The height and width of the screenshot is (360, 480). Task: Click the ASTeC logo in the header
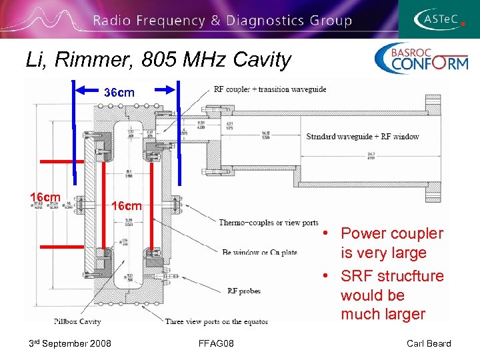439,19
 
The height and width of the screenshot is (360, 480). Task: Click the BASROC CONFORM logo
421,59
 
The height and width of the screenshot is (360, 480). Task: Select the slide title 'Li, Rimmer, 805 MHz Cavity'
159,60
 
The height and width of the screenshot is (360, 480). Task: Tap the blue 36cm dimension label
119,93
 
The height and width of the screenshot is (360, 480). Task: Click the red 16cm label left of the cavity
45,197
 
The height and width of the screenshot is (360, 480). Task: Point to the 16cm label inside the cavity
126,206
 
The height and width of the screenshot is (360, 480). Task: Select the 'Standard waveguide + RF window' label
363,137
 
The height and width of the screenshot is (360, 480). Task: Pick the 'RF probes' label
243,290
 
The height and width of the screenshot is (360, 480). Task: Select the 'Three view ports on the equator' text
217,321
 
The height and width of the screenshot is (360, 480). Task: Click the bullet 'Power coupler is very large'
391,243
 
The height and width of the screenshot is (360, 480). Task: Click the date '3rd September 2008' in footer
69,343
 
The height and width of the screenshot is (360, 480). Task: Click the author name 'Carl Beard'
429,343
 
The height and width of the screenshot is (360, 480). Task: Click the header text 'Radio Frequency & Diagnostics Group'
222,20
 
